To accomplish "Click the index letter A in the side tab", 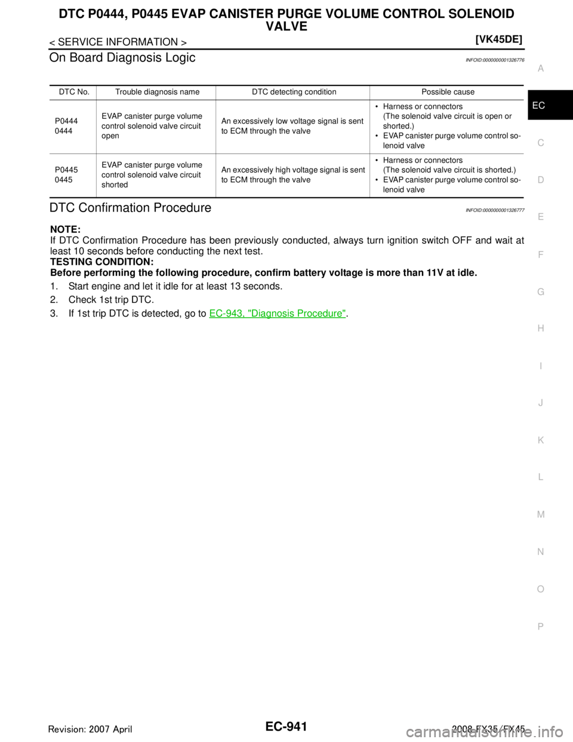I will pos(540,69).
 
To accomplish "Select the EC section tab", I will pos(539,106).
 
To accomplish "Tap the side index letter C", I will pos(540,143).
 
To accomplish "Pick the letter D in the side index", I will pos(540,180).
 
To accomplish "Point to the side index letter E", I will pos(540,217).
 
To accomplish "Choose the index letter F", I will pos(540,255).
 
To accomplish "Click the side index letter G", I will pos(540,292).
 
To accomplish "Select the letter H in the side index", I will pos(540,329).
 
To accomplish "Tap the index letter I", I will pos(540,366).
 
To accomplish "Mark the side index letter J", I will pos(540,403).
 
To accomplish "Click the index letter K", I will pos(540,440).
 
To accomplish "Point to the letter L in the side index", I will pos(540,477).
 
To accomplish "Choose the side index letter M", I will pos(540,514).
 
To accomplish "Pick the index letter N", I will pos(540,552).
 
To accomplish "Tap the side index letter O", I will pos(540,589).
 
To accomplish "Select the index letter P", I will pos(540,626).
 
